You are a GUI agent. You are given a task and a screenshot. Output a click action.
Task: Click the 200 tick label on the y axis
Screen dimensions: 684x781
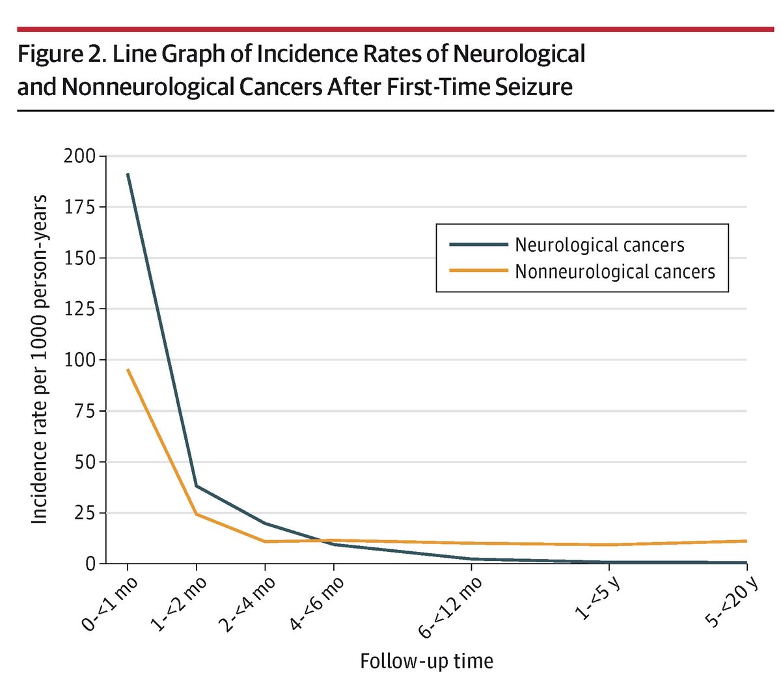coord(79,156)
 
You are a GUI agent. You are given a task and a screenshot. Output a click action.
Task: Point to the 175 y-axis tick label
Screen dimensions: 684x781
coord(79,207)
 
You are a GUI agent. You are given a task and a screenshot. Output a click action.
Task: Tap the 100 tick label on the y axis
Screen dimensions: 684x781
coord(79,360)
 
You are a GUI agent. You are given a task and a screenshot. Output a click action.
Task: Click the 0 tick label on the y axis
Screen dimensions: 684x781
coord(90,564)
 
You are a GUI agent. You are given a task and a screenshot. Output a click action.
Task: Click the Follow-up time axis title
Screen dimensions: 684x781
coord(426,661)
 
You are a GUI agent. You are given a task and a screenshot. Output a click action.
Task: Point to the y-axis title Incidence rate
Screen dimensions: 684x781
coord(39,359)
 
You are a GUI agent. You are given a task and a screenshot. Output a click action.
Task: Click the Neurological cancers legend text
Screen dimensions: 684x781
coord(599,245)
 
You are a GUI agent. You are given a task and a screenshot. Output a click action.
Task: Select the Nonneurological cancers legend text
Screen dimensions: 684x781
coord(614,271)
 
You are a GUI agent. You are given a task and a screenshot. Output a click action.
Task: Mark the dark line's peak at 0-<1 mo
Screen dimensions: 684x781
coord(128,174)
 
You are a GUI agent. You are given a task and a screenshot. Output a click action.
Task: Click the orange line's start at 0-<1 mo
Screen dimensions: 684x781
coord(128,370)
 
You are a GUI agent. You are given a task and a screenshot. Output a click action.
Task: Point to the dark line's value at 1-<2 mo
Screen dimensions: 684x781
coord(197,486)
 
